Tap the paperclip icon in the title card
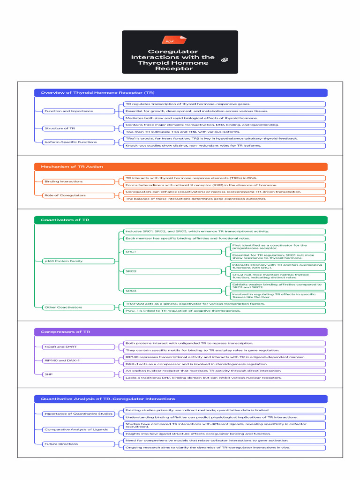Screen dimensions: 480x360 224,60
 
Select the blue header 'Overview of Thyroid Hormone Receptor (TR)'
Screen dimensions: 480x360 180,93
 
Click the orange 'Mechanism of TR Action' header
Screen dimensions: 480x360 180,166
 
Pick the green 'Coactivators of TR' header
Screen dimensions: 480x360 180,220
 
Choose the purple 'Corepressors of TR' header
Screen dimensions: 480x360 180,332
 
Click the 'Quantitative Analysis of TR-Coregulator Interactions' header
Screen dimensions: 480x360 180,399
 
